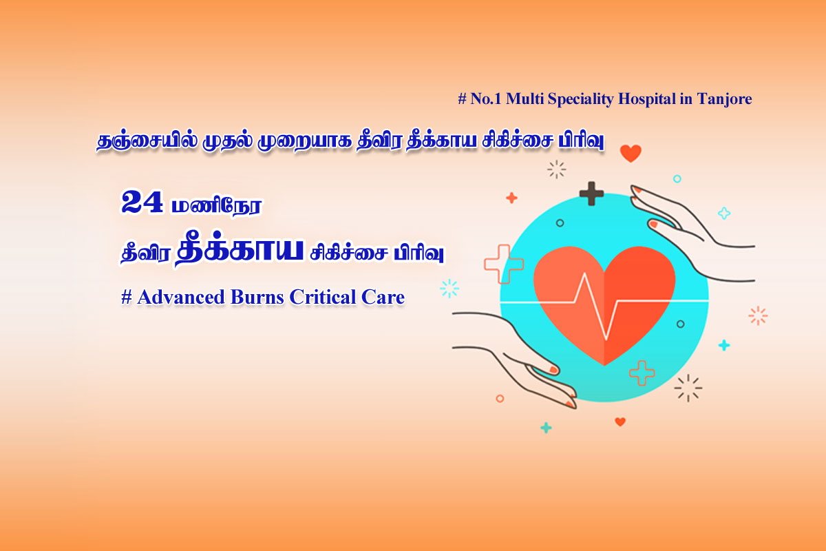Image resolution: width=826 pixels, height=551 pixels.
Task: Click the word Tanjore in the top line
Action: tap(724, 99)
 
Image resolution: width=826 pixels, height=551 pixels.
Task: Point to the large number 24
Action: tap(142, 202)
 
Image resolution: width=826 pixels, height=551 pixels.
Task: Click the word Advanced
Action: tap(180, 297)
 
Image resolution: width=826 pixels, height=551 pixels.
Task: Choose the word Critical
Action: tap(323, 297)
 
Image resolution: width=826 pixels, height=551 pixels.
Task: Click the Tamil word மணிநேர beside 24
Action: tap(217, 205)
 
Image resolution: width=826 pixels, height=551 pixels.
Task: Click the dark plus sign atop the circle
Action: tap(591, 194)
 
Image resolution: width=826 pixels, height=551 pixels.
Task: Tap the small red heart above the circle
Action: tap(631, 153)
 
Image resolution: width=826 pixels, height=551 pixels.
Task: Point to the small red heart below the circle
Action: tap(620, 422)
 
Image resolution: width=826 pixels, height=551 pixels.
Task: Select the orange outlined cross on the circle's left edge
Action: tap(504, 264)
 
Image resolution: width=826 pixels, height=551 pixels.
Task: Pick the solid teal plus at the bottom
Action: tap(546, 428)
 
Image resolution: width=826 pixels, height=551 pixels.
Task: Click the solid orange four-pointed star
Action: tap(511, 198)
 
